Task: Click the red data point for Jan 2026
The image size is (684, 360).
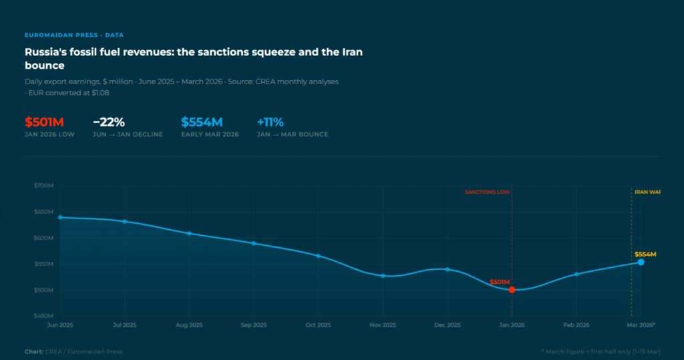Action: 512,290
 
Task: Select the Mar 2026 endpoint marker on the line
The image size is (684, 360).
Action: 641,262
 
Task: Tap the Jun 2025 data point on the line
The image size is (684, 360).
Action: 60,217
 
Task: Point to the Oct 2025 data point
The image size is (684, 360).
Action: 318,256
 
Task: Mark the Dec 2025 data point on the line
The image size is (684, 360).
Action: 447,269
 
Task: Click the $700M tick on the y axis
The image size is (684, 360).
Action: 43,185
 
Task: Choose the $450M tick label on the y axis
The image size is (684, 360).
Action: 43,316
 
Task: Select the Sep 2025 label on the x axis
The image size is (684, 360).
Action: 254,325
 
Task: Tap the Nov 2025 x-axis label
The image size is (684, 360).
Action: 383,325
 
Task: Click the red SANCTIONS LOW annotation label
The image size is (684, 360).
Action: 488,192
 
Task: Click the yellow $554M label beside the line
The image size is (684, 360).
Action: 645,254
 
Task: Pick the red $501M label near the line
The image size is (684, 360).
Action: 500,282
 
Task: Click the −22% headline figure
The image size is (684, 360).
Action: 109,122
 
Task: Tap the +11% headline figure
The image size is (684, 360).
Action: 271,122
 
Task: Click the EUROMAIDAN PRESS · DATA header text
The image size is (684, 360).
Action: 74,35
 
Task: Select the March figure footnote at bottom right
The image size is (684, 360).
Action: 601,351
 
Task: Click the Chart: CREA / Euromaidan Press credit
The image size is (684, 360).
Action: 73,351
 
